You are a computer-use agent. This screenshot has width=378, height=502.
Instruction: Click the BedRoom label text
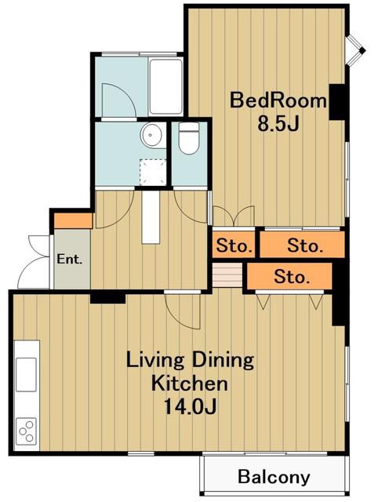coord(278,100)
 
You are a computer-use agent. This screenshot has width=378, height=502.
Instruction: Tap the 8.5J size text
coord(278,124)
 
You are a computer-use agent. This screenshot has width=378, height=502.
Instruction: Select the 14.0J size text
coord(190,406)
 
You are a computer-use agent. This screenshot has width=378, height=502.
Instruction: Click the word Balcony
coord(274,477)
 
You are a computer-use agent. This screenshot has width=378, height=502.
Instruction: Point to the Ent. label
coord(70,259)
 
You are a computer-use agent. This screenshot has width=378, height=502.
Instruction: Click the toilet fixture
coord(189,138)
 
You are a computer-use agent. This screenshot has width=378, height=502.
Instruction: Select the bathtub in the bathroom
coord(165,87)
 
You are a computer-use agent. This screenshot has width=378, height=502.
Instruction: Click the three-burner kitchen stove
coord(26,431)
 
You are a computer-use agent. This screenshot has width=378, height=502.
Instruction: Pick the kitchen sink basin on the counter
coord(26,374)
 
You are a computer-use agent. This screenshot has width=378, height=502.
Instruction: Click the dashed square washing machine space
coord(153,173)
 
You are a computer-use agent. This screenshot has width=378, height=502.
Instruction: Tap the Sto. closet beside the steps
coord(289,277)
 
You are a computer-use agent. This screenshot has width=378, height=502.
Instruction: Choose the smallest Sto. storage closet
coord(234,246)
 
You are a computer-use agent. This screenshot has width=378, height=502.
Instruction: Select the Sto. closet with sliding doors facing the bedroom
coord(302,245)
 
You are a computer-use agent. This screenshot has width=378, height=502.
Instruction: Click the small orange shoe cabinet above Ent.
coord(73,221)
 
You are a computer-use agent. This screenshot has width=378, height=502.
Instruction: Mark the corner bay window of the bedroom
coord(356,50)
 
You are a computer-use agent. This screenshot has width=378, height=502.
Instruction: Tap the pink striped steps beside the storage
coord(227,275)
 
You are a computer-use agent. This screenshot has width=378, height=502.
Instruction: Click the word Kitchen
coord(190,384)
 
